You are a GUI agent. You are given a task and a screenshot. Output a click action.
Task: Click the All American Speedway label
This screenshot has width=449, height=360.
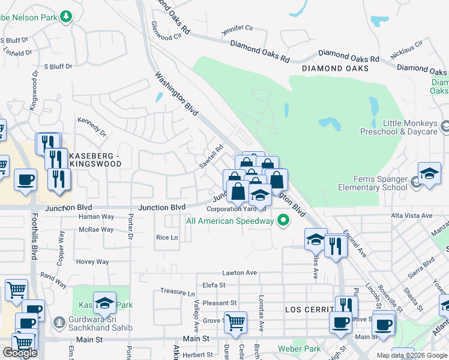coord(229,221)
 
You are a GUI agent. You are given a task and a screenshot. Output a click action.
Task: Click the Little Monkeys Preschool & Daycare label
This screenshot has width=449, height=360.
coord(399,127)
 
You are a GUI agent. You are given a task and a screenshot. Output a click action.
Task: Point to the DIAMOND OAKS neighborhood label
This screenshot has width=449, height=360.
coord(336,68)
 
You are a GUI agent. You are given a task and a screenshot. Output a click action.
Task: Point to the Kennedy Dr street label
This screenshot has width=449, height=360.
coord(92,125)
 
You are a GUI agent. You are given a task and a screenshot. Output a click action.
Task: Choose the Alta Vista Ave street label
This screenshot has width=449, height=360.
coord(411,215)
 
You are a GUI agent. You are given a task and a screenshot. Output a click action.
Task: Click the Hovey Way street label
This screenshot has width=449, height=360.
coord(92,262)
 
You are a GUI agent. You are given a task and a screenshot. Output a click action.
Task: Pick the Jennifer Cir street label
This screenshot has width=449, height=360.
coord(238,28)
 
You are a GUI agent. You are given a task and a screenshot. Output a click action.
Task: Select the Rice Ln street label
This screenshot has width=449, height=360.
coord(167,238)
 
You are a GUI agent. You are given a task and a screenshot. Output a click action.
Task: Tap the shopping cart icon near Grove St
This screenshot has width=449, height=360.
coord(235,322)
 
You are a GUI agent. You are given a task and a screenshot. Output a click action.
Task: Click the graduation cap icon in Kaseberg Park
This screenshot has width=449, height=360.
coord(104,304)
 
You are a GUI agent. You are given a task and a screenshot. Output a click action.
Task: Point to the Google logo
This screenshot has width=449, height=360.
coord(20,353)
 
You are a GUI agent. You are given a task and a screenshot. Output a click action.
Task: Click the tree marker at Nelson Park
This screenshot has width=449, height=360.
coord(65,17)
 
